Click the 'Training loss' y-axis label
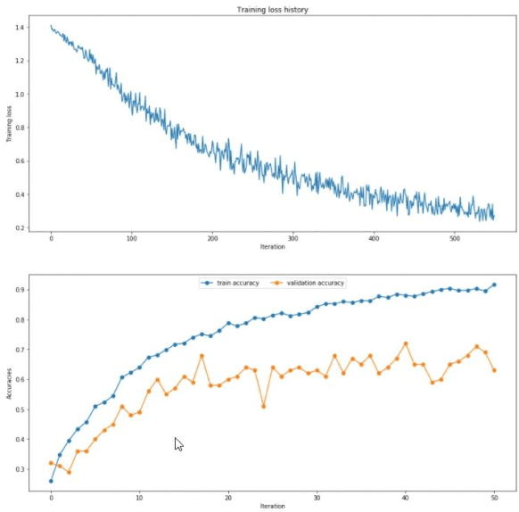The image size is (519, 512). coord(9,125)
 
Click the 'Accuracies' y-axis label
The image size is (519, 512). coord(9,383)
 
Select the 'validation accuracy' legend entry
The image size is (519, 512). coord(311,283)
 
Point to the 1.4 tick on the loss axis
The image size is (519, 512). coord(21,27)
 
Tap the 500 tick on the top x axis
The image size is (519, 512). coord(455,238)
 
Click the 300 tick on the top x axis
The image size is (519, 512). coord(293,238)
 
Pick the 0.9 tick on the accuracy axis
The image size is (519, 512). coord(21,290)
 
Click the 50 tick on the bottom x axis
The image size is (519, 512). coord(494,497)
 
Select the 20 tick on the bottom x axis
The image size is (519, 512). coord(228,497)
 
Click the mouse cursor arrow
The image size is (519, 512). coord(177,442)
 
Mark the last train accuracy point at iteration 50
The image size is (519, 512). coord(494,285)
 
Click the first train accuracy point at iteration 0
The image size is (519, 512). coord(51,481)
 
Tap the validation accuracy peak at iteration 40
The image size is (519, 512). coord(406,343)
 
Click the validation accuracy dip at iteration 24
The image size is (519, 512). coord(264,406)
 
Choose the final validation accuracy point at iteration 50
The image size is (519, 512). coord(494,370)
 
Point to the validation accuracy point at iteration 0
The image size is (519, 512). coord(51,463)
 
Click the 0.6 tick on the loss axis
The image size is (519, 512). coord(21,161)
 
